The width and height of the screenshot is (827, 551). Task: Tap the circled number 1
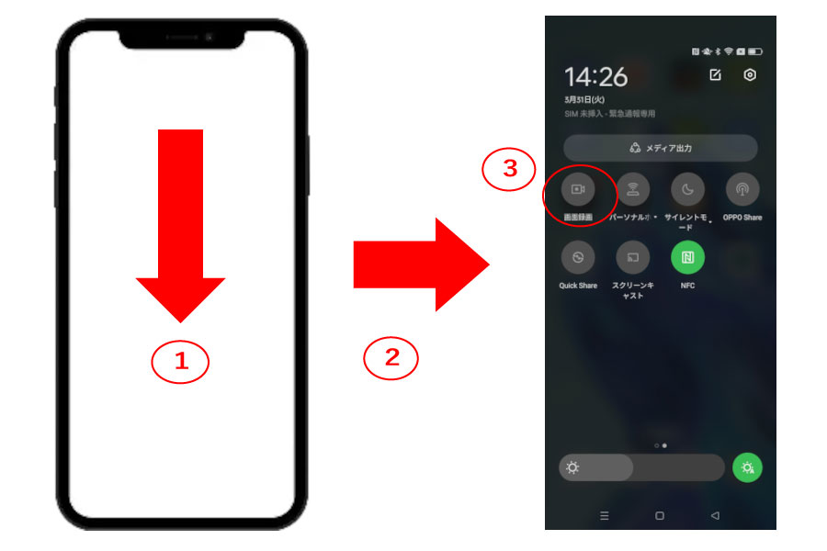180,362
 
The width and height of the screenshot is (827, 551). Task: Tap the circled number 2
391,358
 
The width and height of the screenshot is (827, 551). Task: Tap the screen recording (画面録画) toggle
577,189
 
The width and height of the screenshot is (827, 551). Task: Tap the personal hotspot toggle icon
632,189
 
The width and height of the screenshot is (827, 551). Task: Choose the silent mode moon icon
687,189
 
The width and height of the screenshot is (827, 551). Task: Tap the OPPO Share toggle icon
742,189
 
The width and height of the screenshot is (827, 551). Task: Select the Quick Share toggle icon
577,257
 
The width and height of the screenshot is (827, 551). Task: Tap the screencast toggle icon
632,257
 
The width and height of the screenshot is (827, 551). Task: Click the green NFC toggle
687,257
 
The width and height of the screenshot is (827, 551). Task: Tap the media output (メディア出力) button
660,148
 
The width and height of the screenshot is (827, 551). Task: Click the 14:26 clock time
595,77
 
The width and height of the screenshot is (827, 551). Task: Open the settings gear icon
749,75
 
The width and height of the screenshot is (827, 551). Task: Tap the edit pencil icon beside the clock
715,75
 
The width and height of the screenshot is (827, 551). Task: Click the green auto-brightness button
746,467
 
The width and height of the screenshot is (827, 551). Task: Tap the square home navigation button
659,516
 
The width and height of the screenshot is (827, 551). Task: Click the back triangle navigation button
714,516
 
